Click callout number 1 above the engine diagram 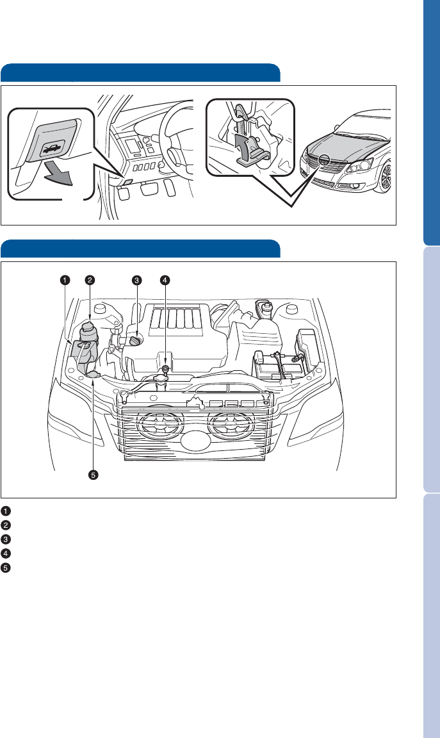[x=65, y=281]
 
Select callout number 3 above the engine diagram [x=136, y=281]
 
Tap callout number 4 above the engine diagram [x=165, y=281]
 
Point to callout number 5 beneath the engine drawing [x=94, y=475]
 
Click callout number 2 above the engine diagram [x=90, y=281]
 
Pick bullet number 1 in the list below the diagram [x=6, y=511]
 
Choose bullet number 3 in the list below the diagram [x=6, y=539]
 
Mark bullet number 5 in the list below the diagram [x=6, y=568]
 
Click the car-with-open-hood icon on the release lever [x=51, y=151]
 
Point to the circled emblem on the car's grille [x=324, y=161]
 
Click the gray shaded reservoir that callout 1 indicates [x=82, y=352]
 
